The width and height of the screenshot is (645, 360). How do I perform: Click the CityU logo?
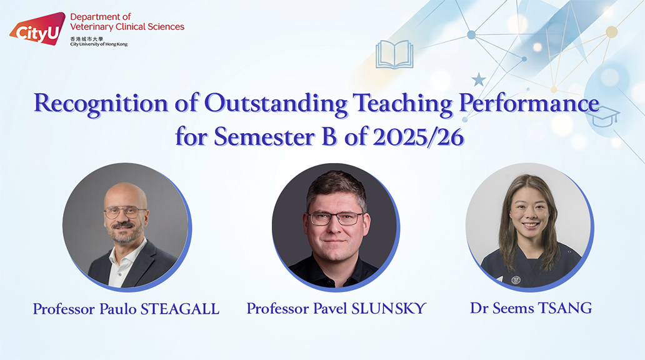38,29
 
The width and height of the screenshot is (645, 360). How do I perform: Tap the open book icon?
394,54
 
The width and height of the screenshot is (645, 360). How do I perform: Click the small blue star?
478,79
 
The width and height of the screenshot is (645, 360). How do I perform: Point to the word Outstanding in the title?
276,103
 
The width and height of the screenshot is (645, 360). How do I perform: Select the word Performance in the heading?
529,103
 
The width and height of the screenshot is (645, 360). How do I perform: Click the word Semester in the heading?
264,137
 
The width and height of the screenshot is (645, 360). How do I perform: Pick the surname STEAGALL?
180,309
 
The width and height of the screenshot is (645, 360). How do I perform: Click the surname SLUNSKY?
389,308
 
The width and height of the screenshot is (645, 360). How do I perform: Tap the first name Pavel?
331,308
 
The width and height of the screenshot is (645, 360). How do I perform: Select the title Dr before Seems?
479,307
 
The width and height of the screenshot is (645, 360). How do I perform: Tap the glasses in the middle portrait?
335,219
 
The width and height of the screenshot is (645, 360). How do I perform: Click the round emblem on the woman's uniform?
516,280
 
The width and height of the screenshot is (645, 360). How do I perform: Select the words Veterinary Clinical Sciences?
127,27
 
